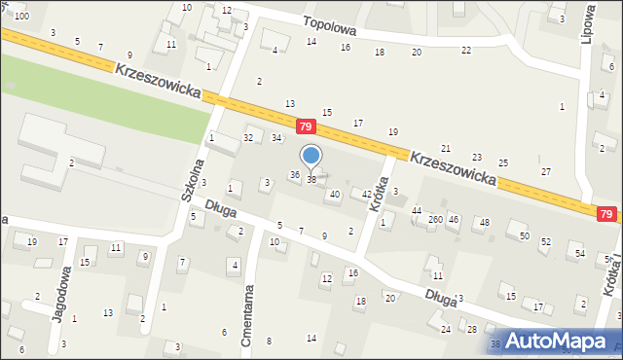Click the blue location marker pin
[x=311, y=157]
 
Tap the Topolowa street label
[x=329, y=29]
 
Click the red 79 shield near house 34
[x=306, y=127]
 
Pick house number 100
[x=20, y=17]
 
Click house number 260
[x=434, y=220]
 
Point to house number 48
[x=484, y=223]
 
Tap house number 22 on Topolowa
[x=466, y=50]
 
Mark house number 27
[x=546, y=171]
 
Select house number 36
[x=294, y=174]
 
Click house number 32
[x=248, y=138]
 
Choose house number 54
[x=580, y=253]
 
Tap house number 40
[x=335, y=195]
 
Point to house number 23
[x=476, y=157]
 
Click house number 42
[x=366, y=195]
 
